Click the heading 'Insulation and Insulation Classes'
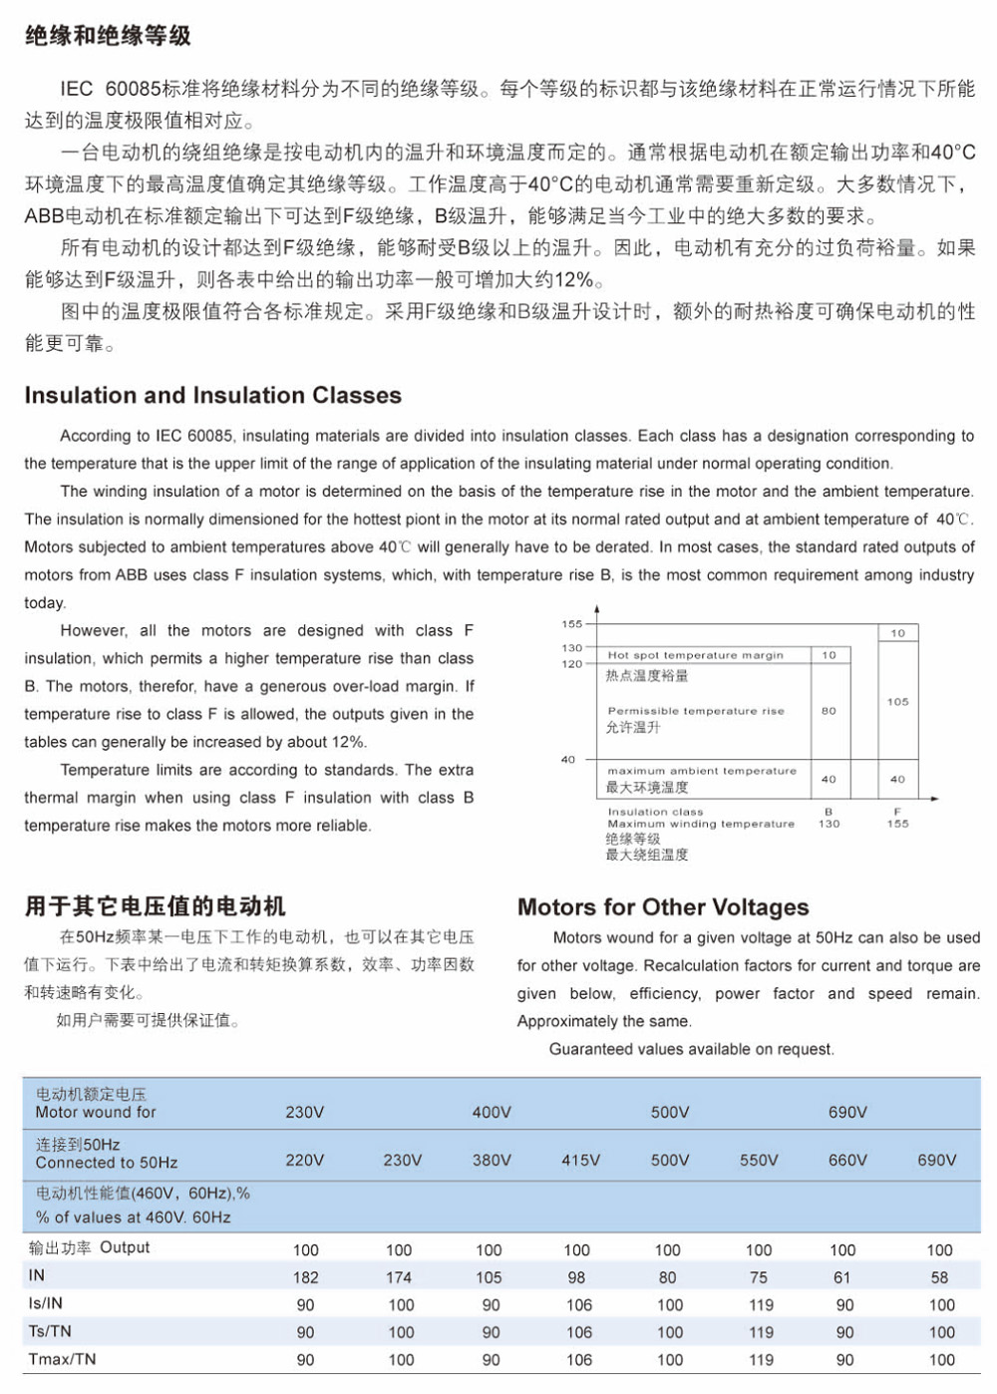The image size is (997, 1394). pyautogui.click(x=212, y=395)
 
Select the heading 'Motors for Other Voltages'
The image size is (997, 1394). pyautogui.click(x=663, y=906)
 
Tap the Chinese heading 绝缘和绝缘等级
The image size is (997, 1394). pyautogui.click(x=108, y=36)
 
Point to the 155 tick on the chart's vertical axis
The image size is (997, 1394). pyautogui.click(x=571, y=624)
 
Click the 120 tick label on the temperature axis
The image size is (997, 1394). pyautogui.click(x=571, y=664)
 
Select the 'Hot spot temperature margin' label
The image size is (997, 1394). pyautogui.click(x=695, y=655)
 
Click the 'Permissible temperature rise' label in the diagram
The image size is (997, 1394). pyautogui.click(x=696, y=711)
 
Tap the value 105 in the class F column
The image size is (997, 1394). pyautogui.click(x=897, y=702)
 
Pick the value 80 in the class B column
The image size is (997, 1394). pyautogui.click(x=829, y=711)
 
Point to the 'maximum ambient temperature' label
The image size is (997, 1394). pyautogui.click(x=702, y=771)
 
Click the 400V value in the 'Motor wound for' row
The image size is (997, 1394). pyautogui.click(x=492, y=1112)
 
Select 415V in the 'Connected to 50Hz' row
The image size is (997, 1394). pyautogui.click(x=580, y=1160)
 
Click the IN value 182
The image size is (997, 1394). pyautogui.click(x=305, y=1277)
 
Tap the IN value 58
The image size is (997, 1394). pyautogui.click(x=939, y=1277)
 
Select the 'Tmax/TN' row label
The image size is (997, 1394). pyautogui.click(x=62, y=1359)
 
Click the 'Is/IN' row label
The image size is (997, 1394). pyautogui.click(x=46, y=1303)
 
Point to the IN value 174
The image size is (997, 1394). pyautogui.click(x=399, y=1277)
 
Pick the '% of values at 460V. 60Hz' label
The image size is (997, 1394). pyautogui.click(x=133, y=1217)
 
